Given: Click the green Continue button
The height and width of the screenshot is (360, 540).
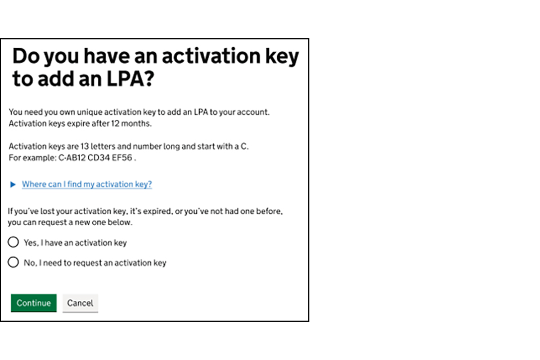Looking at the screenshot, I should click(34, 303).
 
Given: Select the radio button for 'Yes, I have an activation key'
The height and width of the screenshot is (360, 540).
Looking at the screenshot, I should click(13, 242).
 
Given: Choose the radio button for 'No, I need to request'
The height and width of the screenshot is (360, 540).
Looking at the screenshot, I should click(13, 262).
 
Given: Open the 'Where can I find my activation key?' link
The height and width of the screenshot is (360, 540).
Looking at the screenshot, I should click(87, 184).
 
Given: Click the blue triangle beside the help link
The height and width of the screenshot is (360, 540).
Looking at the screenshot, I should click(13, 184).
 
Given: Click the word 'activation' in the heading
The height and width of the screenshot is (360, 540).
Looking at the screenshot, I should click(202, 57).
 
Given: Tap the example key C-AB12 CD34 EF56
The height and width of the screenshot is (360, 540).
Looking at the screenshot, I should click(96, 158).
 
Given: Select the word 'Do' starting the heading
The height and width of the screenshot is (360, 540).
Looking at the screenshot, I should click(26, 57).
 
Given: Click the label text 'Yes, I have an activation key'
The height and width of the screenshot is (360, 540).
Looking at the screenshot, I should click(75, 243).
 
